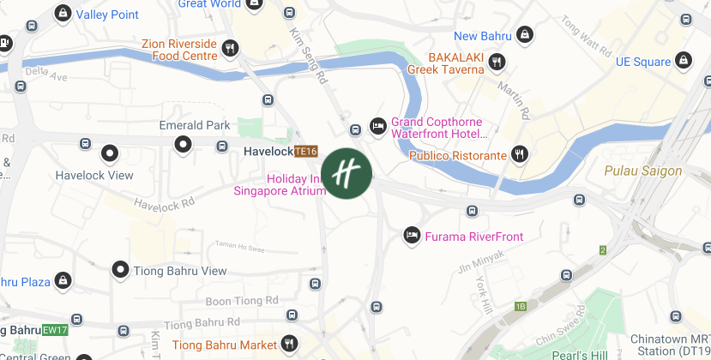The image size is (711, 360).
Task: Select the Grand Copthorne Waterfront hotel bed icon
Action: pyautogui.click(x=377, y=127)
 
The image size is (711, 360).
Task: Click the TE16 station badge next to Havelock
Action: pyautogui.click(x=306, y=151)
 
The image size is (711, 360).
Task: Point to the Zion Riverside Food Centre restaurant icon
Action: pyautogui.click(x=230, y=49)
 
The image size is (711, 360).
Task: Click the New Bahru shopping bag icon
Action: pyautogui.click(x=526, y=35)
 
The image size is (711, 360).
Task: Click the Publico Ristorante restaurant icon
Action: pyautogui.click(x=520, y=154)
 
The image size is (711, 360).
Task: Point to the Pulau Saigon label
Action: pyautogui.click(x=642, y=171)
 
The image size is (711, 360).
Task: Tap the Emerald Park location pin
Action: pyautogui.click(x=183, y=144)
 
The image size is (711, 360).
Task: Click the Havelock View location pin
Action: pyautogui.click(x=109, y=154)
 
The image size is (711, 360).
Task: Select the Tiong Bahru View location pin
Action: pyautogui.click(x=121, y=271)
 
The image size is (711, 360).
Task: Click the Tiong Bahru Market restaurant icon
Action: pyautogui.click(x=290, y=344)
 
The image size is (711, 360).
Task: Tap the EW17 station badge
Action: pyautogui.click(x=55, y=329)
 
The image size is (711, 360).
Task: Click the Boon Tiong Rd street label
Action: pyautogui.click(x=242, y=301)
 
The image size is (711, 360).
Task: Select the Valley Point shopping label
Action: pyautogui.click(x=107, y=15)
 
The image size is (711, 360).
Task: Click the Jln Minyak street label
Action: pyautogui.click(x=478, y=270)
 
